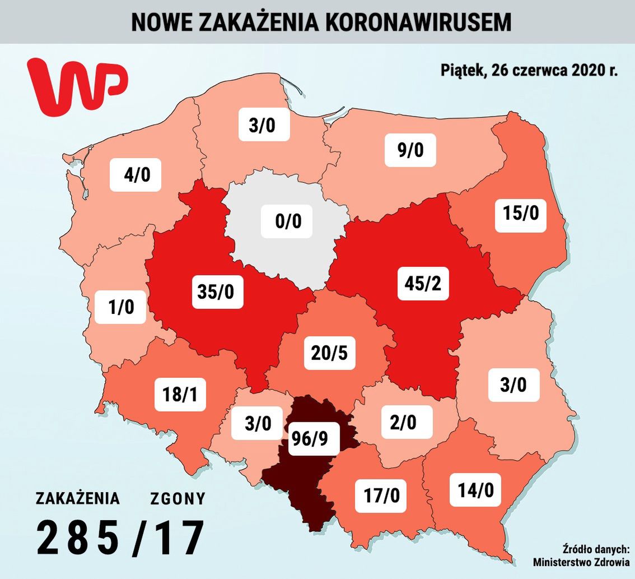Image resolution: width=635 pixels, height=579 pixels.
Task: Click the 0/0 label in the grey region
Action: coord(288,221)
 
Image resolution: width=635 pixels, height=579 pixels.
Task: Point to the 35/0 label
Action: coord(217,291)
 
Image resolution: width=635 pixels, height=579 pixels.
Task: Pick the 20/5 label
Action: coord(329,353)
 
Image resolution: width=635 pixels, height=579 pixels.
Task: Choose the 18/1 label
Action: coord(180,395)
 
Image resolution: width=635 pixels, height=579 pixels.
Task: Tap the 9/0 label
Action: coord(410,150)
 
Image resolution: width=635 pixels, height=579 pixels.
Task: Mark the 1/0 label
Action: coord(120,307)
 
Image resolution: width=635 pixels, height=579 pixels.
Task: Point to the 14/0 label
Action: coord(475,491)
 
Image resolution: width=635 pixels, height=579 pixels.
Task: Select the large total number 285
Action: coord(78,537)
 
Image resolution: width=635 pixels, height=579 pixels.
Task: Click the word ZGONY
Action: coord(178,498)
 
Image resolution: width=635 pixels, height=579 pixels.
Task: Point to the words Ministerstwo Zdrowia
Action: coord(581,562)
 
